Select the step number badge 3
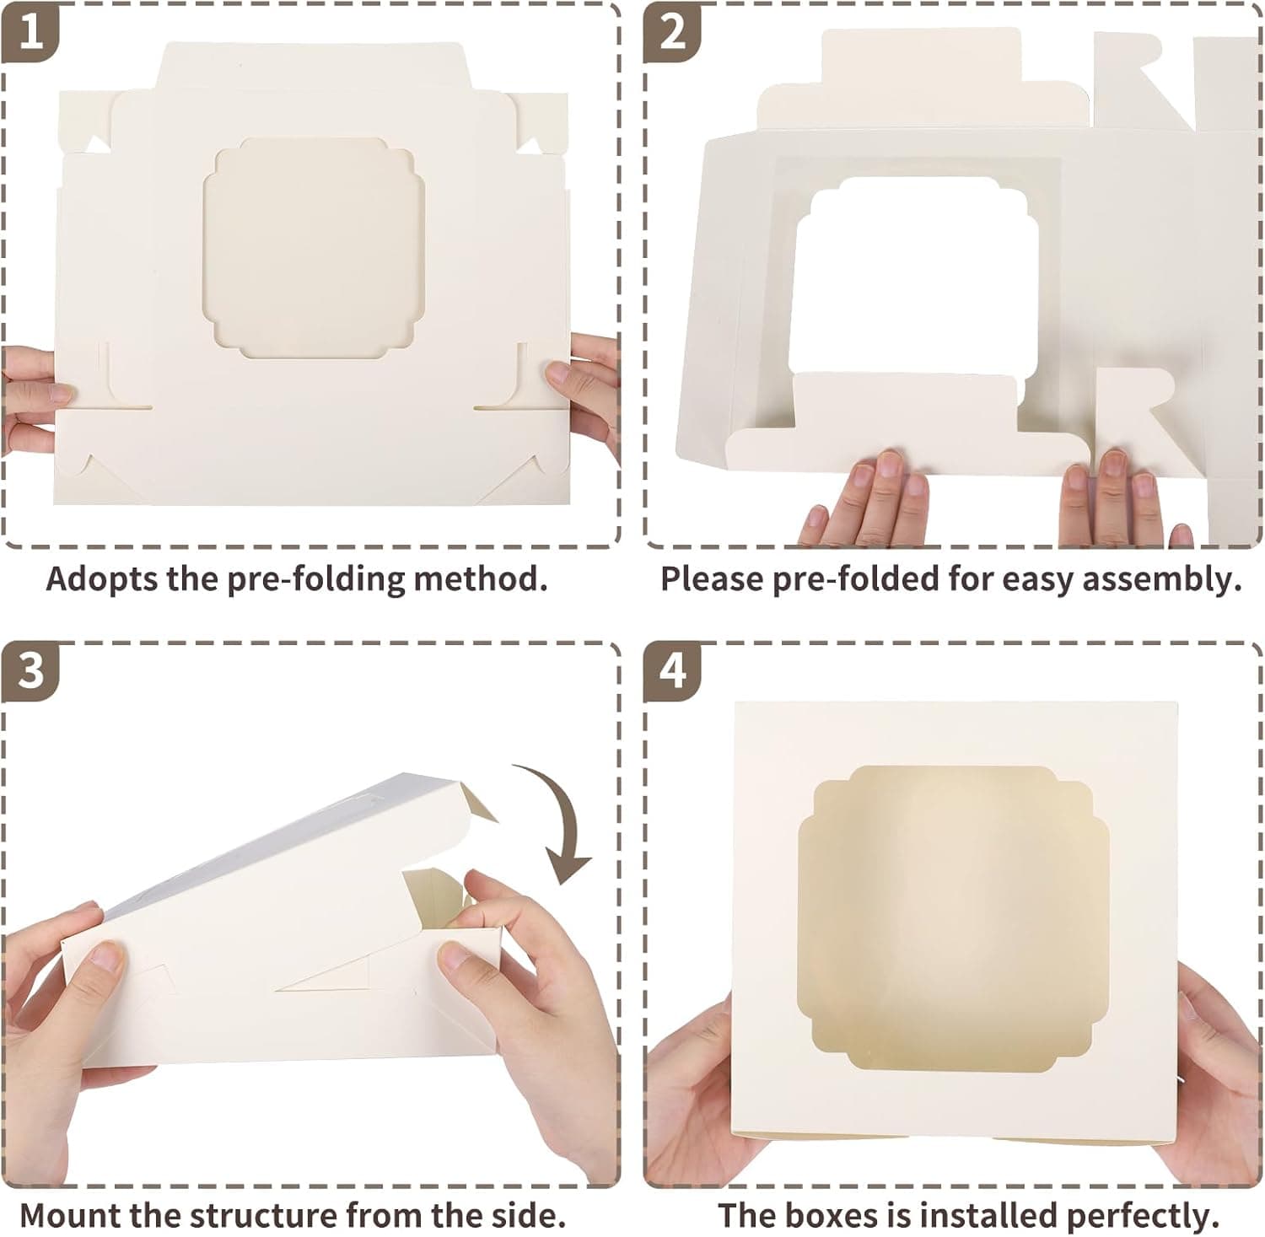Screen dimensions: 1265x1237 30,671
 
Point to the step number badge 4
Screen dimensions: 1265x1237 672,671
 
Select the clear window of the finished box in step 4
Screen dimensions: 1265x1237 955,919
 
